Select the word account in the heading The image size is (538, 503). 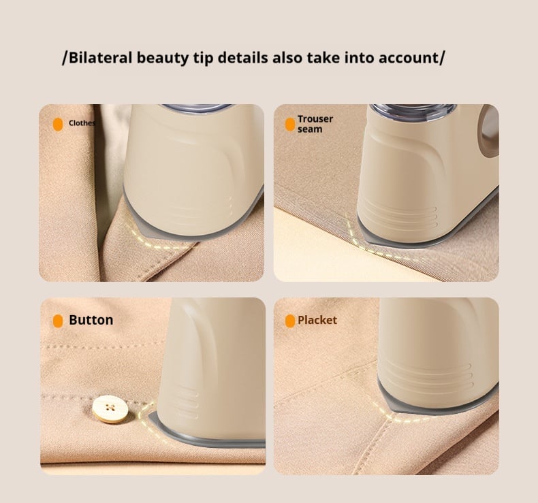(406, 57)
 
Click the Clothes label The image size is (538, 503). (82, 123)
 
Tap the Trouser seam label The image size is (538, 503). (315, 124)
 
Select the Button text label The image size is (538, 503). (91, 320)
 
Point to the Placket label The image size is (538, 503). (317, 320)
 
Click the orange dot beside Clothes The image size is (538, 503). (58, 124)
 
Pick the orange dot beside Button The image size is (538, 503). (58, 321)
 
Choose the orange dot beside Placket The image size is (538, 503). (290, 321)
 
